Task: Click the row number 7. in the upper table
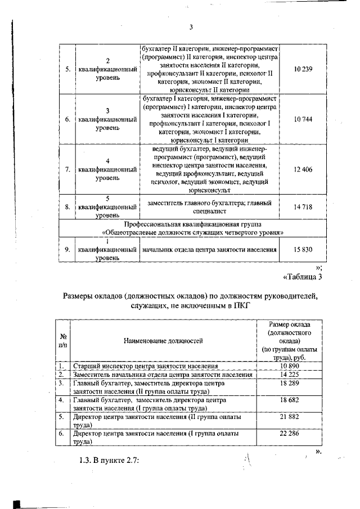tap(67, 169)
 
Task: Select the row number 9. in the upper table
tap(67, 250)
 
